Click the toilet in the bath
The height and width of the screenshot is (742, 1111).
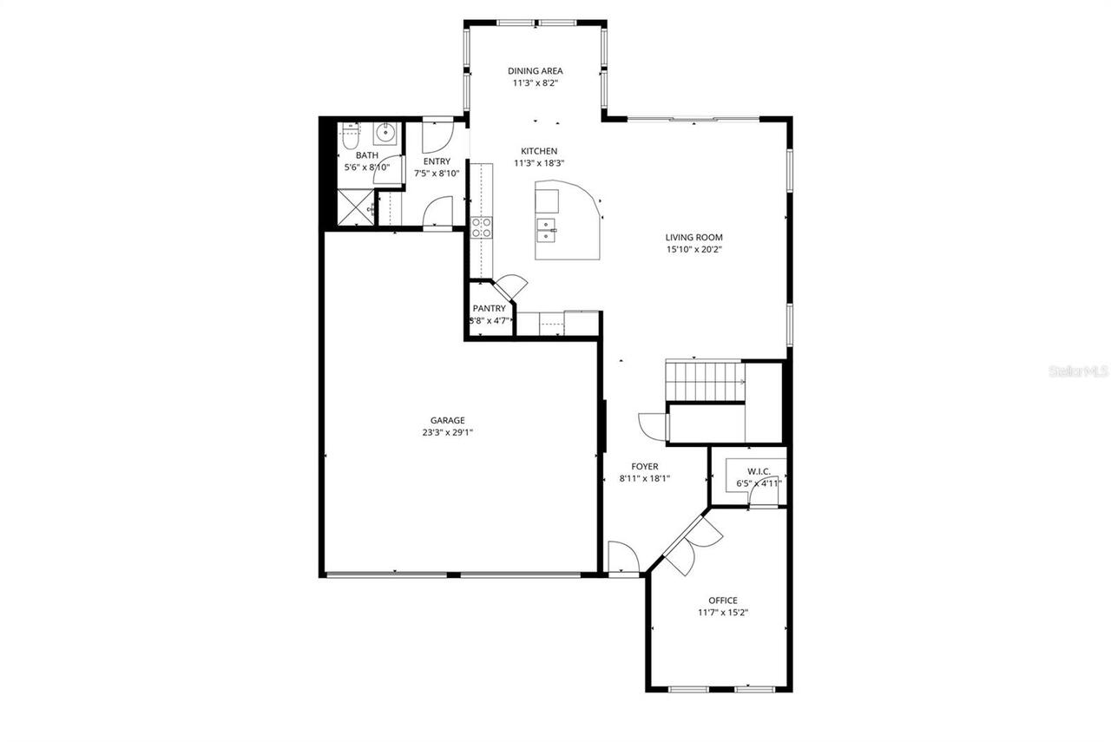click(x=351, y=135)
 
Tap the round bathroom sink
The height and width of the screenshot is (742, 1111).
click(x=385, y=134)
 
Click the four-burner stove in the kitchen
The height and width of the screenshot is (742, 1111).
click(x=481, y=227)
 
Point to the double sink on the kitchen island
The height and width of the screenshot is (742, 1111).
click(x=548, y=230)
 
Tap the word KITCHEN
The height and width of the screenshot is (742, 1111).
click(x=539, y=151)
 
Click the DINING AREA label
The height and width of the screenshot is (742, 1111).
click(x=536, y=71)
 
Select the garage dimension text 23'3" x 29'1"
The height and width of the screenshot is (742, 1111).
click(x=447, y=432)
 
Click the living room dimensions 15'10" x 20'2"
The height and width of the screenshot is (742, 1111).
click(x=694, y=249)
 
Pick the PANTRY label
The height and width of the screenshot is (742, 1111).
click(x=489, y=308)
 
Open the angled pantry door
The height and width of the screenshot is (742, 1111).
click(x=510, y=285)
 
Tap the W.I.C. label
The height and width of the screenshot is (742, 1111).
click(x=759, y=471)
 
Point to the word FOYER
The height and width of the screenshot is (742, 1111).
click(x=644, y=466)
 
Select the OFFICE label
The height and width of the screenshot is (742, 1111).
click(x=723, y=600)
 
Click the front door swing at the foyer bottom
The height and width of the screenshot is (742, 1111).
click(x=621, y=556)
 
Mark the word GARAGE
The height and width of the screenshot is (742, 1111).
click(x=447, y=420)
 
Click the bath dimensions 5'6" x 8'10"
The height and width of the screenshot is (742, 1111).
click(x=366, y=167)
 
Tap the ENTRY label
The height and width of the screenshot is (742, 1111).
click(x=437, y=161)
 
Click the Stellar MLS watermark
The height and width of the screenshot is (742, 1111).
click(x=1077, y=371)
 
